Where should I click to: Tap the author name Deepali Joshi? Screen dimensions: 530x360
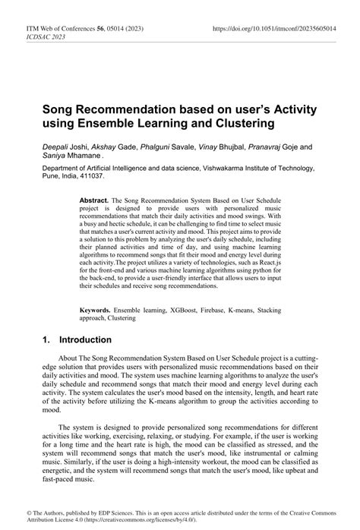[64, 147]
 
